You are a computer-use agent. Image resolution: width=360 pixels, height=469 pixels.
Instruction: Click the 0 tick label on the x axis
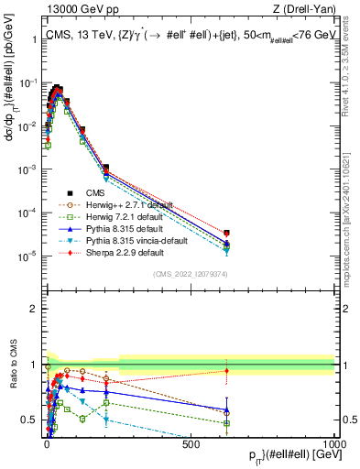pyautogui.click(x=47, y=442)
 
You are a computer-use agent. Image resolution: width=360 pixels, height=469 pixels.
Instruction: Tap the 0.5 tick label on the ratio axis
pyautogui.click(x=30, y=420)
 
